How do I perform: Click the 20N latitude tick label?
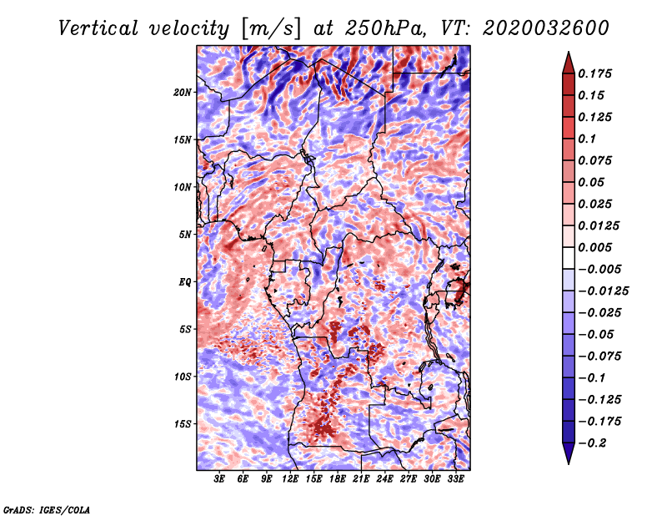pos(183,92)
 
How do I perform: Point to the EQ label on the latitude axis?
pos(184,282)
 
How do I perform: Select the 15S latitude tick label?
pos(183,424)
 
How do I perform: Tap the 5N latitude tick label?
pos(185,235)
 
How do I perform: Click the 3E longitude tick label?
pos(220,479)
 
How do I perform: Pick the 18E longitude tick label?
pos(338,479)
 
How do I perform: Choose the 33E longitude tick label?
pos(455,479)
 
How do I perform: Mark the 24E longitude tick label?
pos(384,479)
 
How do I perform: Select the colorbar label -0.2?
pos(593,443)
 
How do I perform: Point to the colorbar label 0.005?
pos(597,247)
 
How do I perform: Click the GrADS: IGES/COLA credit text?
pos(47,508)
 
